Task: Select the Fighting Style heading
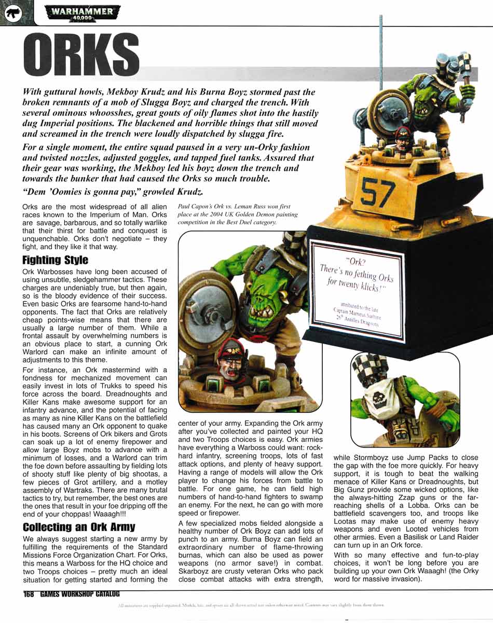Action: [x=56, y=260]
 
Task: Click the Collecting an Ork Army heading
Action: [x=79, y=527]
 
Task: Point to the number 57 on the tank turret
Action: [x=378, y=193]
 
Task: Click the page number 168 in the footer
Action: [x=29, y=594]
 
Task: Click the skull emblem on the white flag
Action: [x=382, y=398]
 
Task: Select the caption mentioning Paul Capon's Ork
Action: [x=238, y=214]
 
